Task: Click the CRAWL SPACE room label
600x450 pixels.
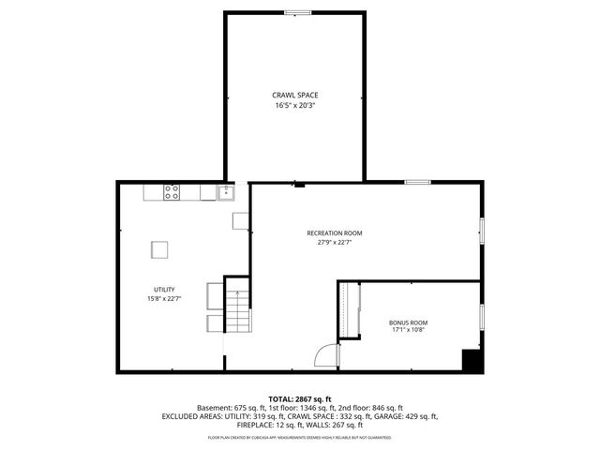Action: (x=295, y=95)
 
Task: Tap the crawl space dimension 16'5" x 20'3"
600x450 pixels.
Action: (x=295, y=106)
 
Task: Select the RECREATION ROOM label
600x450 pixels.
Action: (x=334, y=232)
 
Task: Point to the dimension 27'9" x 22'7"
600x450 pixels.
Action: (x=334, y=243)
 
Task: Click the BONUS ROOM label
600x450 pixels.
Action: (x=408, y=322)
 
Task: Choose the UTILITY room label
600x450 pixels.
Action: (x=165, y=289)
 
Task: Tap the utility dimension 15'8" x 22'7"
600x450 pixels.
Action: (x=165, y=299)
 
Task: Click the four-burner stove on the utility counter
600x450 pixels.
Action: (x=172, y=192)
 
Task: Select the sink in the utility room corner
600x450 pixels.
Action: (x=225, y=193)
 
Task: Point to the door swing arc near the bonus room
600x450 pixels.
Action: (x=325, y=357)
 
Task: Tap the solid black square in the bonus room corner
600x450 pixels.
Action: (x=472, y=360)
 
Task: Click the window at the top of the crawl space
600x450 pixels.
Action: (x=298, y=12)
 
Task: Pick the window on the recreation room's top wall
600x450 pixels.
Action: (x=418, y=182)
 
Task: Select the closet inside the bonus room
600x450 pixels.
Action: (x=349, y=308)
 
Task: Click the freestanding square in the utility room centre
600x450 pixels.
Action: (x=160, y=249)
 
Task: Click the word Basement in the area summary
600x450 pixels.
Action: (x=214, y=409)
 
